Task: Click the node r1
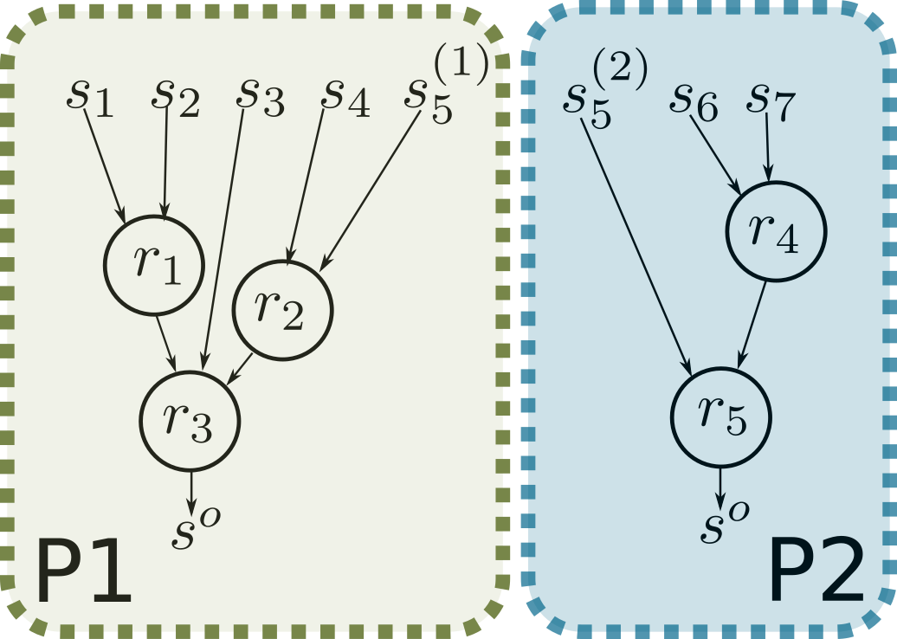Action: pos(154,264)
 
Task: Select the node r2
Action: pos(282,310)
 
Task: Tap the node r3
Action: pos(190,420)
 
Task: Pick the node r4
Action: pos(776,231)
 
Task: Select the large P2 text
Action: pos(816,572)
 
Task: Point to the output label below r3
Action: pos(195,529)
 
